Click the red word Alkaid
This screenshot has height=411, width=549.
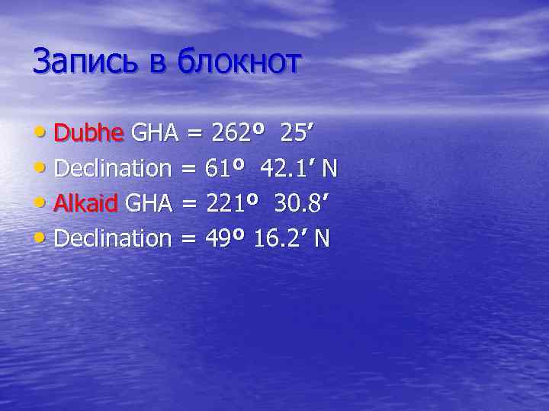[85, 203]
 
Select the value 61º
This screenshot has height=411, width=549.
[226, 168]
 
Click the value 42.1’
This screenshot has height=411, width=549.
[287, 168]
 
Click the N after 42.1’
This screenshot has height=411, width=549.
[329, 168]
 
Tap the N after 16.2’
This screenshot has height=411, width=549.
[322, 238]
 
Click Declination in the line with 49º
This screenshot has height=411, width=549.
[113, 238]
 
